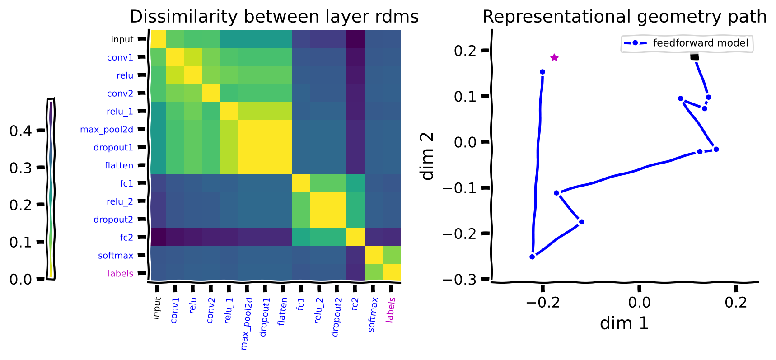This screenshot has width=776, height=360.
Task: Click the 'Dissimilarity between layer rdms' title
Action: pos(274,17)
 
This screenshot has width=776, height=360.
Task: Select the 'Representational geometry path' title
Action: pos(624,17)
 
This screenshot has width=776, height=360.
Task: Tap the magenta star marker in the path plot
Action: pos(554,57)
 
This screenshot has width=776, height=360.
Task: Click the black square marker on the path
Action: pos(694,56)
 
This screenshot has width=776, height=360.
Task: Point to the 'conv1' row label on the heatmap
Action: pos(120,57)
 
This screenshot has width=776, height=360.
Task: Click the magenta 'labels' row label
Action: pos(121,273)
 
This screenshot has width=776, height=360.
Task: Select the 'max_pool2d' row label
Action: pos(107,130)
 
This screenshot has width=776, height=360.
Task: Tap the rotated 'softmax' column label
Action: pos(372,314)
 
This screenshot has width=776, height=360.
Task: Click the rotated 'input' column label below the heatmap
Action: pos(156,308)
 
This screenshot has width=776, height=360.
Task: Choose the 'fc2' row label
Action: pos(126,237)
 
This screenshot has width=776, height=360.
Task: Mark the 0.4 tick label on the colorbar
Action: pos(21,131)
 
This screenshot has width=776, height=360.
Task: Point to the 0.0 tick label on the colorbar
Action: pos(21,279)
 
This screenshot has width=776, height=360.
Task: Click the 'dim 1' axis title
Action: pos(624,323)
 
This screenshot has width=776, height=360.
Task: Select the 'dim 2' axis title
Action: pos(427,156)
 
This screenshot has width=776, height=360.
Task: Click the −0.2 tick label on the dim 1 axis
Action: pos(542,302)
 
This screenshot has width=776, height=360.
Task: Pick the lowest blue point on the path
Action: pos(532,257)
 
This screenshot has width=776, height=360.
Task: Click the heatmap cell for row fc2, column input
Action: pos(157,237)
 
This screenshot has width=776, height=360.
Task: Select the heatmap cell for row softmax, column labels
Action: pos(392,255)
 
